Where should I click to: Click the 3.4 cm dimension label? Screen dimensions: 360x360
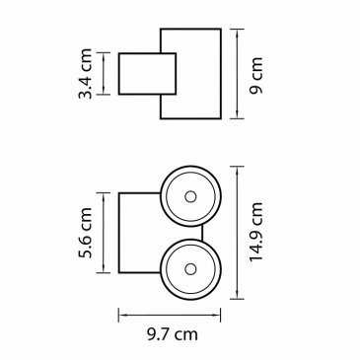pos(85,74)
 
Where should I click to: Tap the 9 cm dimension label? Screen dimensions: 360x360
pos(256,76)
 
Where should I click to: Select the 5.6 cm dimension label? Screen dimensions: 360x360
pos(85,233)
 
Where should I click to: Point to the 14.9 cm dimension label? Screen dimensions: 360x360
pos(256,232)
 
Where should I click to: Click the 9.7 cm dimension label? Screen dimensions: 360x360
pos(173,334)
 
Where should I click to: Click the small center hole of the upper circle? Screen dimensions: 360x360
pos(190,196)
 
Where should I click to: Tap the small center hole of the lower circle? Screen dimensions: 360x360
pos(190,269)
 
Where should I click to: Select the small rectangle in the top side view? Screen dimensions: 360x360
pos(147,74)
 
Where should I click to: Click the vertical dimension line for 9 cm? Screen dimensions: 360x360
pos(237,74)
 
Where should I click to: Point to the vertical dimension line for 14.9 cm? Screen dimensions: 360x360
pos(237,233)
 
